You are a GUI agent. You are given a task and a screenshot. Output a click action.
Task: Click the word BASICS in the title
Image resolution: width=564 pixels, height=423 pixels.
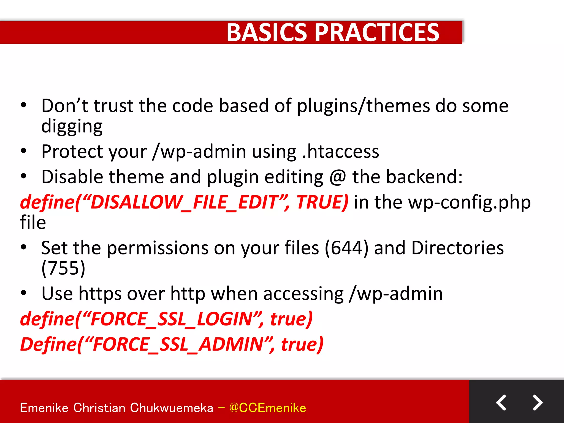267,32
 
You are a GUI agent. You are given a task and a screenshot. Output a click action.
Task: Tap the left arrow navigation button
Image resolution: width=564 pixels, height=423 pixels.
501,403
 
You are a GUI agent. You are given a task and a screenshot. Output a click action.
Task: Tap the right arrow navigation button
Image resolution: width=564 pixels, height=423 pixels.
537,403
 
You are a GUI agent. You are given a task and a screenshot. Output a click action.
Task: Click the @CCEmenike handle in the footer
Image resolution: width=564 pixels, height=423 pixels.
267,408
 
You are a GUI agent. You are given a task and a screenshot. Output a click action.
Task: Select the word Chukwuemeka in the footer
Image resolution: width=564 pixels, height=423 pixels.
171,408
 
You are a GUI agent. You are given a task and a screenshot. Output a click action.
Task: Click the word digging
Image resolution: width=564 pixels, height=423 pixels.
72,126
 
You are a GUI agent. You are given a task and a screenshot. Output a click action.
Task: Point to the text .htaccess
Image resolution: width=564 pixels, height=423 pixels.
340,152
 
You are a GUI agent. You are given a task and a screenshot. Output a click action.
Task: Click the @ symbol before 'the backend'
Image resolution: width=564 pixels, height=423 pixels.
338,177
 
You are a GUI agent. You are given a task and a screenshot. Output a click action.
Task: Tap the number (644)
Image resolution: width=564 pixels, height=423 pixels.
346,248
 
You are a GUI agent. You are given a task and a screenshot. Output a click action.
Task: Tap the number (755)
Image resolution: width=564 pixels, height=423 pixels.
63,268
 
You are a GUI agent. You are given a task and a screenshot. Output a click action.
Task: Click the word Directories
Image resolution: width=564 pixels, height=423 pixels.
457,248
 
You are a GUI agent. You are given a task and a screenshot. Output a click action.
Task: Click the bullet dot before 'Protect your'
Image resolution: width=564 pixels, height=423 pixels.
24,151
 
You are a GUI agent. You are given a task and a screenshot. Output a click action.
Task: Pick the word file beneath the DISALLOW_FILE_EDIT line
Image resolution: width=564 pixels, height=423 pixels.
33,223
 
